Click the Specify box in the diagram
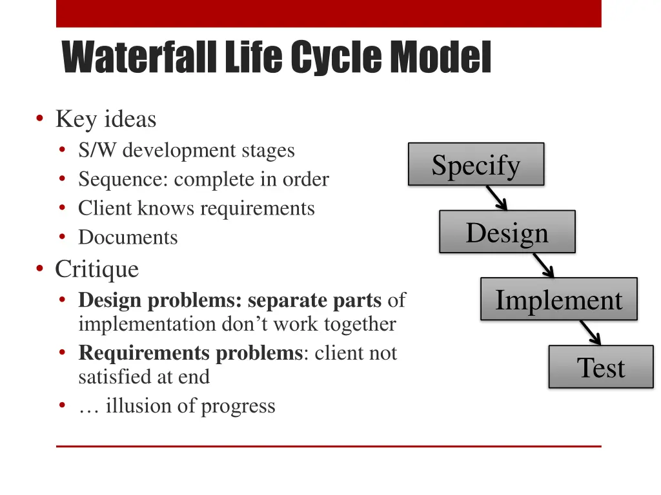point(476,164)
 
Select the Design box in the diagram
point(507,232)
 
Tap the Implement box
point(558,300)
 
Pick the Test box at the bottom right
point(601,367)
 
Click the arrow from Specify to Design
point(496,198)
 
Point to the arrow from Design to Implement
point(543,265)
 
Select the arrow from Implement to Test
point(590,333)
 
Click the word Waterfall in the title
point(139,57)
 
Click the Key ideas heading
point(105,119)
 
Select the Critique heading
point(97,269)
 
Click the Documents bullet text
point(128,237)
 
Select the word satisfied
point(115,376)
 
